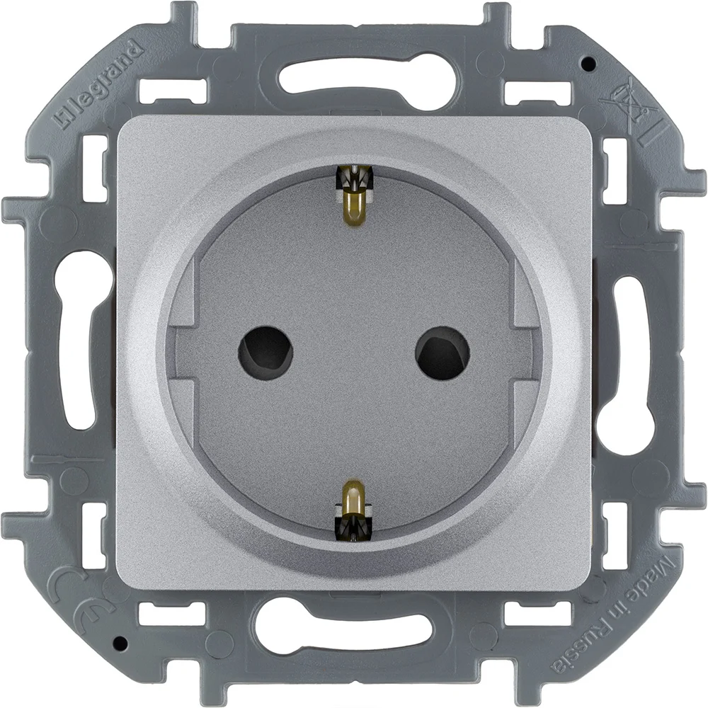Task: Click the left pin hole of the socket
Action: [265, 352]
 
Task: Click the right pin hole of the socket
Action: [442, 352]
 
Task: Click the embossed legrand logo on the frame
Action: [98, 84]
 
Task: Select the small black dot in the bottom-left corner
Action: [119, 643]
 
